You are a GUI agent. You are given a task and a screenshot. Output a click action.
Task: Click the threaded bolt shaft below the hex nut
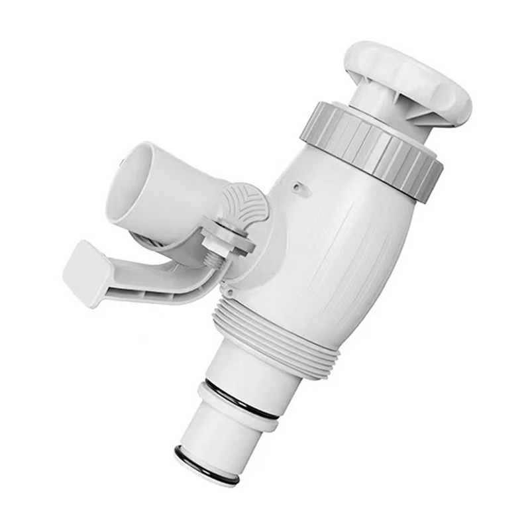pos(213,259)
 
